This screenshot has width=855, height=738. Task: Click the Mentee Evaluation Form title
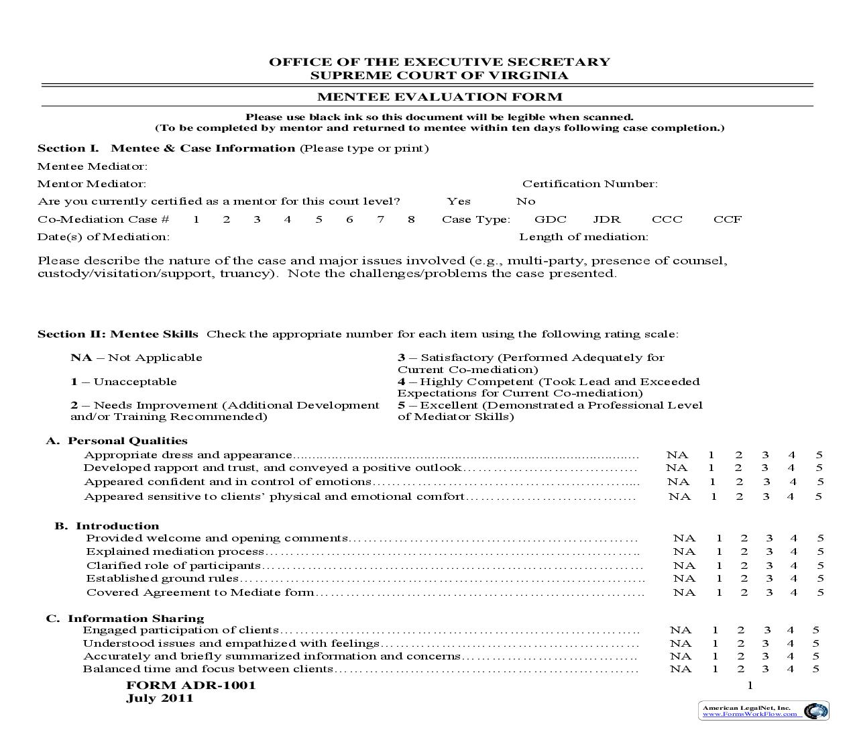(x=439, y=97)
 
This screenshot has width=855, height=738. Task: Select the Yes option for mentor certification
(x=459, y=201)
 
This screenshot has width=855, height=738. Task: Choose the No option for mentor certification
(x=526, y=201)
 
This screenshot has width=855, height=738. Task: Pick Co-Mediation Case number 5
(x=319, y=219)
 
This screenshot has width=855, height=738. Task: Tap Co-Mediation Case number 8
(x=411, y=219)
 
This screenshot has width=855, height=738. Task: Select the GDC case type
(x=550, y=219)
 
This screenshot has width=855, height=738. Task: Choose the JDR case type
(x=607, y=219)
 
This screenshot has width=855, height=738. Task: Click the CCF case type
(x=728, y=219)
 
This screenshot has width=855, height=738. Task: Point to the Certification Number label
(x=589, y=184)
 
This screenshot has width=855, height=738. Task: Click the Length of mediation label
(x=583, y=237)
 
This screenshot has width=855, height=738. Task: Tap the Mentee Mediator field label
(x=93, y=166)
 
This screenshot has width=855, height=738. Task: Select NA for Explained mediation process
(x=684, y=551)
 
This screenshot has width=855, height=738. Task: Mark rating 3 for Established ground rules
(x=769, y=578)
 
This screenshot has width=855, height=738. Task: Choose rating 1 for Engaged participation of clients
(x=715, y=630)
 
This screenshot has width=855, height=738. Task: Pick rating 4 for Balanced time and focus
(x=791, y=669)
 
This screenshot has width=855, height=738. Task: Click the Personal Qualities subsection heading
(x=127, y=441)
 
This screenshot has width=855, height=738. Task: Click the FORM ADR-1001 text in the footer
(x=191, y=686)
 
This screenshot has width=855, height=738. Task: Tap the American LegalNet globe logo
(x=815, y=711)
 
